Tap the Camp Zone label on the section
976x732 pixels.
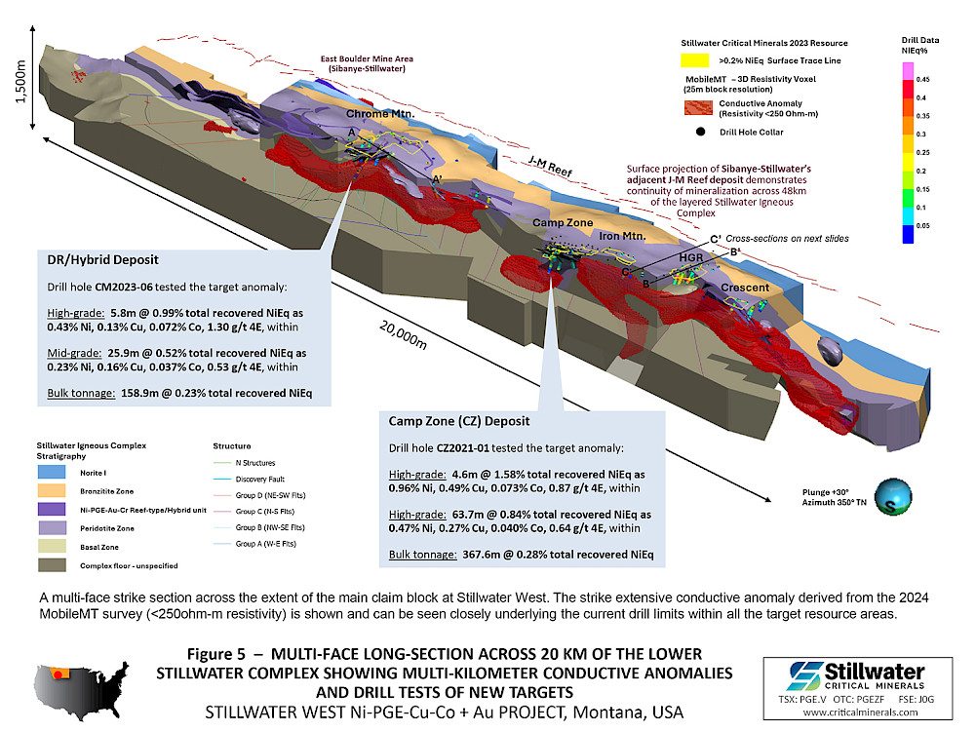[x=562, y=223]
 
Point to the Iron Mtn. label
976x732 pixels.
[x=624, y=235]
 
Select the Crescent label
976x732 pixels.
[x=745, y=288]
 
